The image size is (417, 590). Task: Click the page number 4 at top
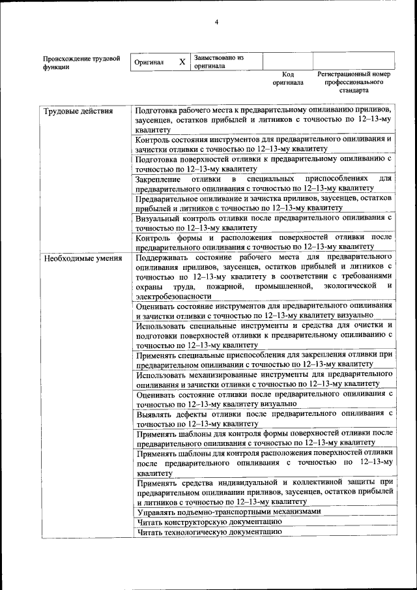[217, 24]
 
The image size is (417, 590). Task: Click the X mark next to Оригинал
[182, 62]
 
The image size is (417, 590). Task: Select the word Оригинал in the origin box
[149, 62]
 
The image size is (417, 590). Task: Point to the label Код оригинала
[288, 79]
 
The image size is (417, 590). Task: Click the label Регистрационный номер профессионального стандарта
[353, 83]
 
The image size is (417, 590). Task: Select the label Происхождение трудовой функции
[81, 63]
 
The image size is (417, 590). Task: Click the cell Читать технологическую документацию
[209, 532]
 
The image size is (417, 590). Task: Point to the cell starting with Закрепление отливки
[263, 183]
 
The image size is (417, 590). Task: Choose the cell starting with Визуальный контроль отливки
[263, 223]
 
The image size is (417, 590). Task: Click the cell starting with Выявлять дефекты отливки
[263, 419]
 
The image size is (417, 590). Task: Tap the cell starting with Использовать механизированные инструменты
[263, 379]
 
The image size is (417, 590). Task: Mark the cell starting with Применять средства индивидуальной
[263, 492]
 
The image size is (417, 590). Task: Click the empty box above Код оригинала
[288, 61]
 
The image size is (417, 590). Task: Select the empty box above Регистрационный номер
[353, 61]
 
